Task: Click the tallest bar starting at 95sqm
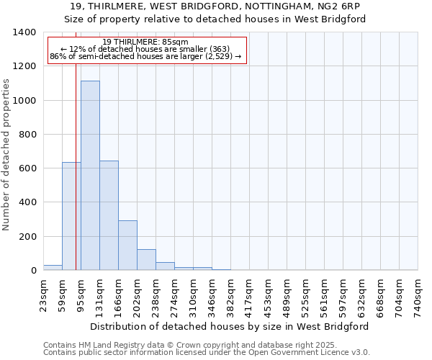(x=90, y=176)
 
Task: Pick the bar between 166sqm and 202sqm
(x=127, y=246)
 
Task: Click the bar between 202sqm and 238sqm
(x=146, y=260)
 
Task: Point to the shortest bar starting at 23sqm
(x=53, y=268)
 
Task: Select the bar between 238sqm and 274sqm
(x=165, y=266)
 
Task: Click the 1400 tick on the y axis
(x=24, y=32)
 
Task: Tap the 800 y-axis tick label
(x=27, y=135)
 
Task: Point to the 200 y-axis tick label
(x=27, y=237)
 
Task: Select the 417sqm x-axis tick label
(x=249, y=295)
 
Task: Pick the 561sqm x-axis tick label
(x=324, y=295)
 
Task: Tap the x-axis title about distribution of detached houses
(x=230, y=326)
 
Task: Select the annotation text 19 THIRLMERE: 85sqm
(x=145, y=42)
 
